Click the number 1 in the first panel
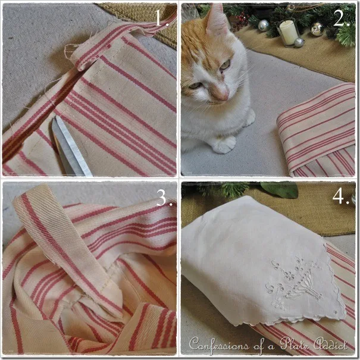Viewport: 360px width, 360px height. (162, 18)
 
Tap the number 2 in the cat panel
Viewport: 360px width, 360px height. (341, 18)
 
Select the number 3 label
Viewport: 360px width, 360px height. (164, 198)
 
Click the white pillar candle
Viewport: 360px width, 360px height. (289, 33)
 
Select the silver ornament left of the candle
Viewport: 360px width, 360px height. (264, 25)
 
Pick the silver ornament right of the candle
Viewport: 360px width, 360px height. (317, 29)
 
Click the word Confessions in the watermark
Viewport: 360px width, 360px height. (219, 345)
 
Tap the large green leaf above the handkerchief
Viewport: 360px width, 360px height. (280, 190)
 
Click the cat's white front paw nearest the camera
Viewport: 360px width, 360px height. (224, 145)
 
